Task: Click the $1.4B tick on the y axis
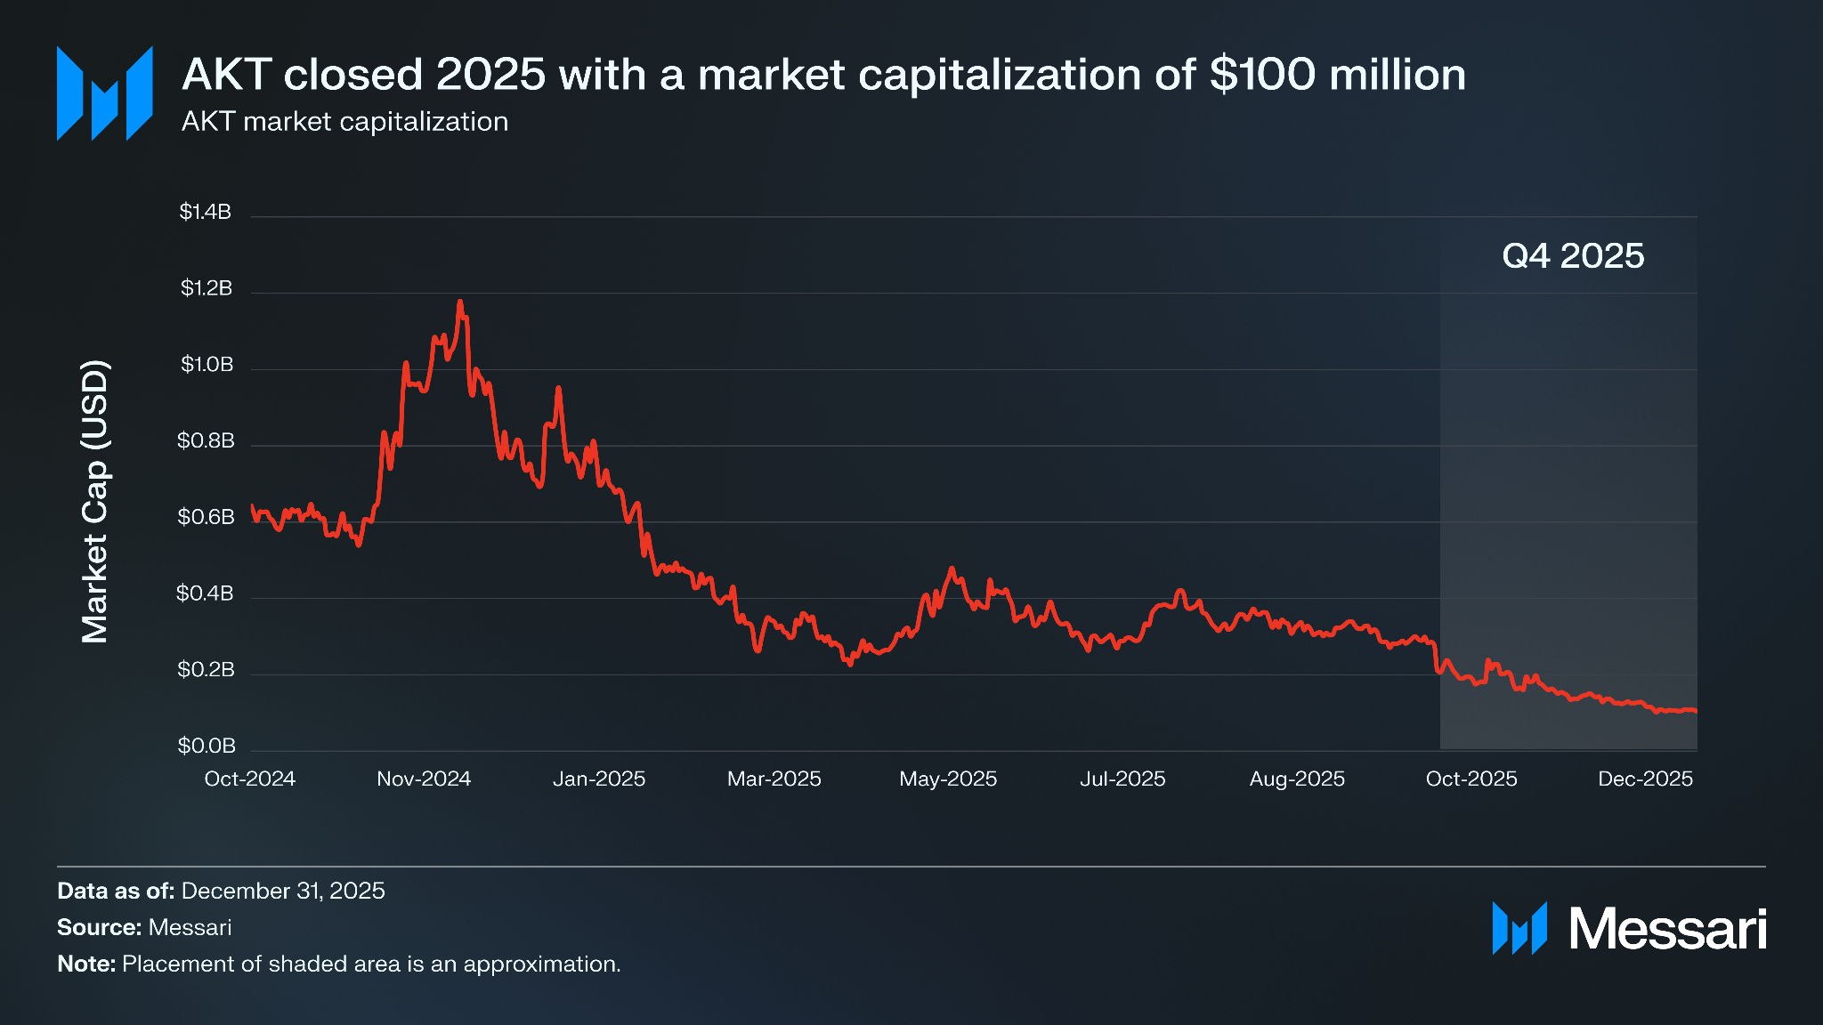205,212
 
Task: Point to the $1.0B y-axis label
207,365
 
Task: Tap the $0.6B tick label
206,517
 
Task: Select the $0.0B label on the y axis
207,746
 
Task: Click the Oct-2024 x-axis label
249,779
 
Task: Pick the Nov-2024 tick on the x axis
424,779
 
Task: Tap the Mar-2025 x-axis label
774,779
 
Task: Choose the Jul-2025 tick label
1122,779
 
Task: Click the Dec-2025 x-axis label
1645,779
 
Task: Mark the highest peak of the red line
460,303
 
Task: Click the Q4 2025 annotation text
1573,256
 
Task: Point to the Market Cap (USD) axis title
95,501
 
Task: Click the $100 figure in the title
1262,75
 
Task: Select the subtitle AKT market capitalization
344,122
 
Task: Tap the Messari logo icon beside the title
105,93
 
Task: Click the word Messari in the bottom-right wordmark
1667,930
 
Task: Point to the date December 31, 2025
283,891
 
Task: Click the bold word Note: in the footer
86,964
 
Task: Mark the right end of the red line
1696,711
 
